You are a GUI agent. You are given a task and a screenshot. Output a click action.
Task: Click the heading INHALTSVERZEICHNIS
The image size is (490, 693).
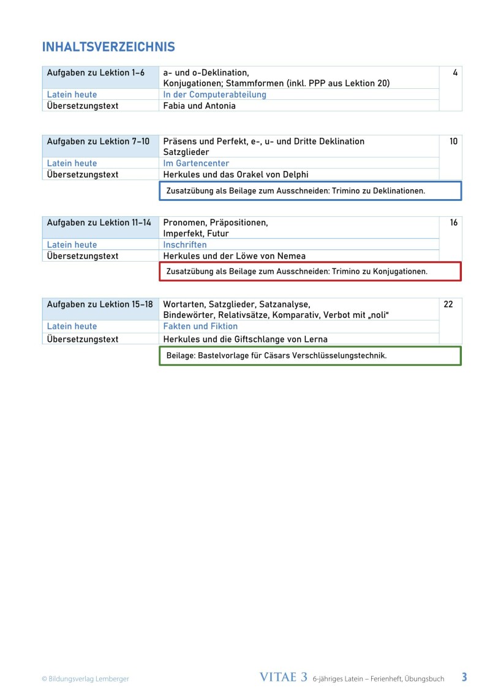point(108,47)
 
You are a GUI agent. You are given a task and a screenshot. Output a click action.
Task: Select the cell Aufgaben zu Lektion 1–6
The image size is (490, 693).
point(96,73)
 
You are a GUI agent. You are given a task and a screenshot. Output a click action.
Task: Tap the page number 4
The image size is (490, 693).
point(455,73)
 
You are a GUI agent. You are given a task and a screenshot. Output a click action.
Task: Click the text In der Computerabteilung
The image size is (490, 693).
point(214,94)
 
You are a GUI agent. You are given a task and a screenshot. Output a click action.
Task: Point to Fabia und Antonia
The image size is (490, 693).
point(199,105)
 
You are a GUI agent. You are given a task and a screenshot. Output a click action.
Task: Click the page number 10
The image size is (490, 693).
point(453,142)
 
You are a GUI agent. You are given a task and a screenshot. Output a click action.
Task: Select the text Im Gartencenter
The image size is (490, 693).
point(196,163)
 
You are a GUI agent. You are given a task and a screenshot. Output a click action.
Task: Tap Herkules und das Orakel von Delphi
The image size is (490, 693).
point(235,175)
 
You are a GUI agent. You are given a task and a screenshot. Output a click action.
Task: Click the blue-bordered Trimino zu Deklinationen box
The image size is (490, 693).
point(310,191)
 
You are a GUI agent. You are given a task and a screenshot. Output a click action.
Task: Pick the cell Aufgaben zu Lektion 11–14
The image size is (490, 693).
point(99,222)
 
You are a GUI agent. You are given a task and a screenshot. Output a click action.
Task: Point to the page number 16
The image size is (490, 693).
point(453,222)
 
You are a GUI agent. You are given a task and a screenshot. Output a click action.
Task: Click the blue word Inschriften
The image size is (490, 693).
point(185,244)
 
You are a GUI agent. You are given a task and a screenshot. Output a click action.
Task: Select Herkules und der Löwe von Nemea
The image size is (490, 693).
point(234,256)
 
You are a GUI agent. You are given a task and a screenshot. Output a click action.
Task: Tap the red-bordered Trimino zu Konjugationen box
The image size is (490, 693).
point(310,271)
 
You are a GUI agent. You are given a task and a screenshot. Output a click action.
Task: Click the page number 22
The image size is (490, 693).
point(448,304)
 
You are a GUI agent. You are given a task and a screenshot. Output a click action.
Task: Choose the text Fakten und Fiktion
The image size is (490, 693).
point(200,326)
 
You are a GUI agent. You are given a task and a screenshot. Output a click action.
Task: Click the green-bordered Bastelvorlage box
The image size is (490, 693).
point(310,355)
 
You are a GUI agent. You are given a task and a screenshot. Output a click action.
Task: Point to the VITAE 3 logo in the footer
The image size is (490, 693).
point(284,677)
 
